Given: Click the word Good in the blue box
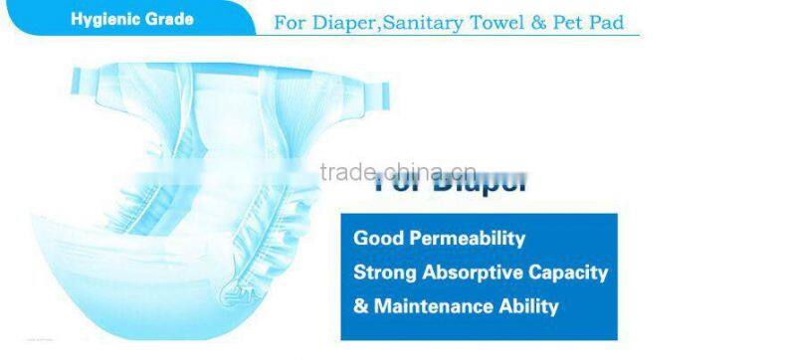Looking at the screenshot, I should coord(376,239).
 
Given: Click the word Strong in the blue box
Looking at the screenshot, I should coord(384,272).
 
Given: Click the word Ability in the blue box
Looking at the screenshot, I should coord(526,306).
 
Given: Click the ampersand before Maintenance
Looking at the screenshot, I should coord(360,306).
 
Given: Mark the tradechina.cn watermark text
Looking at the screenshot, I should coord(399,172).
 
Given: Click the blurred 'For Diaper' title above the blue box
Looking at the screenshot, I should coord(450,185).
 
